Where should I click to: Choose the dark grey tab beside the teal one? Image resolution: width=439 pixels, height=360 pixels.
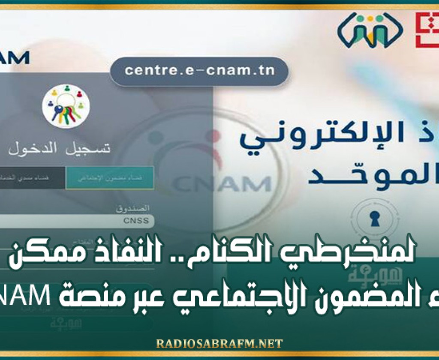click(x=32, y=177)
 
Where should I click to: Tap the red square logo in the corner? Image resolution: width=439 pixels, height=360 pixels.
click(x=427, y=30)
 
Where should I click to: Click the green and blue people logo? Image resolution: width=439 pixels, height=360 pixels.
click(x=370, y=30)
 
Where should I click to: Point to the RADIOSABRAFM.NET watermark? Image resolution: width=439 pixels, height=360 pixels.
click(x=219, y=344)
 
